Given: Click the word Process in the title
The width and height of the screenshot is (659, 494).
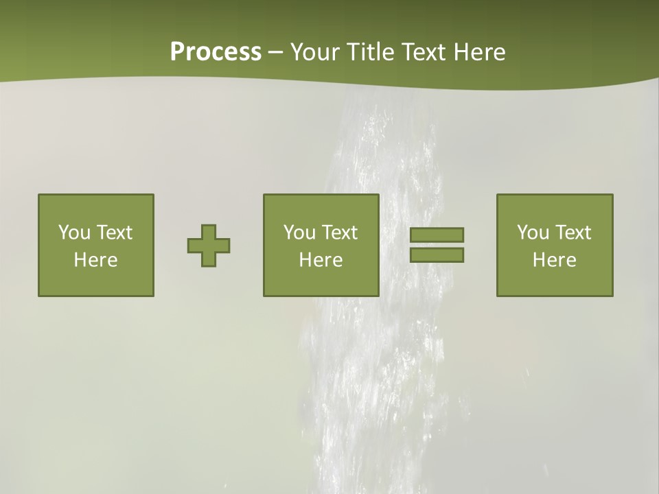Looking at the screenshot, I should pos(216,52).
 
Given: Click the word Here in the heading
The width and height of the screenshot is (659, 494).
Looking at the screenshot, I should pos(480,52).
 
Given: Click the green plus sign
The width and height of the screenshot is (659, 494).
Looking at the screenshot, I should pos(209,246).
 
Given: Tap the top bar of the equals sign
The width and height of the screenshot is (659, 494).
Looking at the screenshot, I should pos(437,235).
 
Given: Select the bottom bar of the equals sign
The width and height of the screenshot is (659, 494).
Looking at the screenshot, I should pos(437,255).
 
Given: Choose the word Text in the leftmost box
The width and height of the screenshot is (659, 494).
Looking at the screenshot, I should pos(113,233).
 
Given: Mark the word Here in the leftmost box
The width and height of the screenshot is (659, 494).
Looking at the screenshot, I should pos(96,260).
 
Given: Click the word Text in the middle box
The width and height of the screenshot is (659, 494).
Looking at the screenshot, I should pos(338,233).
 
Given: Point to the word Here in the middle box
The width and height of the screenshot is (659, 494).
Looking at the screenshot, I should pos(321,260).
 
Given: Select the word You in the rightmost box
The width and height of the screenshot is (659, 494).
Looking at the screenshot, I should pos(533,233).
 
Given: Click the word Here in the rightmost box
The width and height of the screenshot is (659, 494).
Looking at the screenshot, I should pos(555,260).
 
